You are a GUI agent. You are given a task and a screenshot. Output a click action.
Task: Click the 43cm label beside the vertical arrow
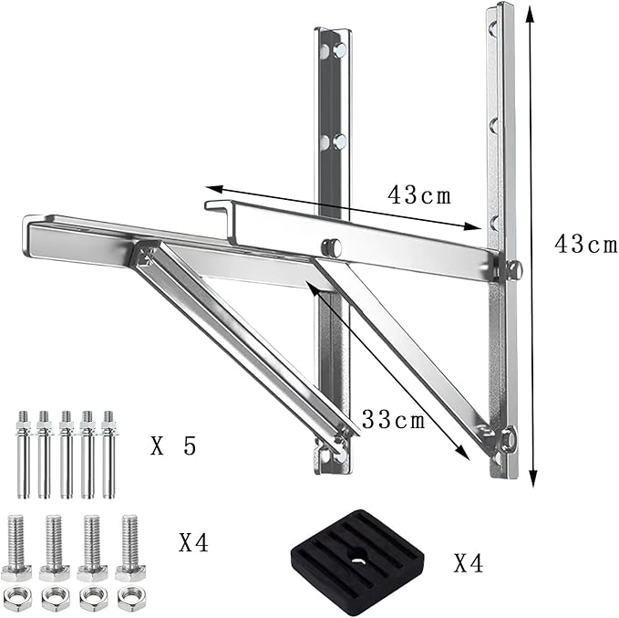click(x=584, y=245)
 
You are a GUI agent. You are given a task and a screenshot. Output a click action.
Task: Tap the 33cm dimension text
click(x=394, y=420)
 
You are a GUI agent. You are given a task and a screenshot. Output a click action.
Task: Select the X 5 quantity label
click(x=173, y=446)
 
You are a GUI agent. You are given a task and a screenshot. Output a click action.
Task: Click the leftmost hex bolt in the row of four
click(x=18, y=547)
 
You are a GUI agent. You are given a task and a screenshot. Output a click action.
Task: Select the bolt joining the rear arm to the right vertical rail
click(x=512, y=267)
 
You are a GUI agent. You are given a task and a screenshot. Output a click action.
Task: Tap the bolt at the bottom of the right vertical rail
click(x=507, y=440)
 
